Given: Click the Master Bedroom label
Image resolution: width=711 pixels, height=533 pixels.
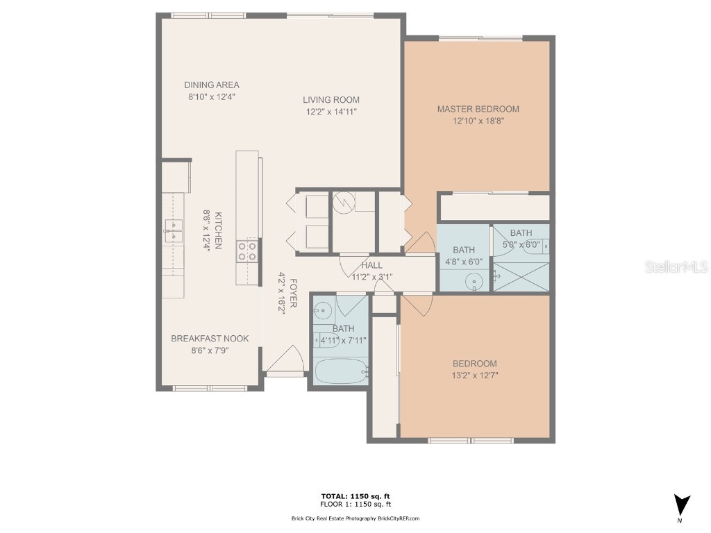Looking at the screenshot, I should [478, 109].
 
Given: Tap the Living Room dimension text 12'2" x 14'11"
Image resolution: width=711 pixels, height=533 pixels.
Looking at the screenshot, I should [331, 112].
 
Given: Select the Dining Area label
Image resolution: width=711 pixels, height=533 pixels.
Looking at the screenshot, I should [212, 85].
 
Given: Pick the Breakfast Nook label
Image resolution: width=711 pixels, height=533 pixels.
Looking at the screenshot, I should [210, 339].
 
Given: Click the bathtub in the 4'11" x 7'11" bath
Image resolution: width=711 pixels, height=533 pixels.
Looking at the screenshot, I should [340, 371].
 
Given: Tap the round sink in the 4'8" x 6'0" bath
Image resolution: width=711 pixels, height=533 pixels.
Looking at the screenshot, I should [474, 280].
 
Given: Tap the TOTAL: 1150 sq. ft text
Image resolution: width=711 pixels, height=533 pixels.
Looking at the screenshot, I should [355, 496].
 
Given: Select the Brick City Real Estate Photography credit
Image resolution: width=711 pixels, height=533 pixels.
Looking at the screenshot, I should [355, 518].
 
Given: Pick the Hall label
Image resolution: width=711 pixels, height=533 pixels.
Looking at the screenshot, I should [372, 265].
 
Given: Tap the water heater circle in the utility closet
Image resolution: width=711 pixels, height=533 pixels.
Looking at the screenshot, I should [343, 203].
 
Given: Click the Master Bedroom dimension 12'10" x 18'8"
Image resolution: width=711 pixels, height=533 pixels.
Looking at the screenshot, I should [478, 121].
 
